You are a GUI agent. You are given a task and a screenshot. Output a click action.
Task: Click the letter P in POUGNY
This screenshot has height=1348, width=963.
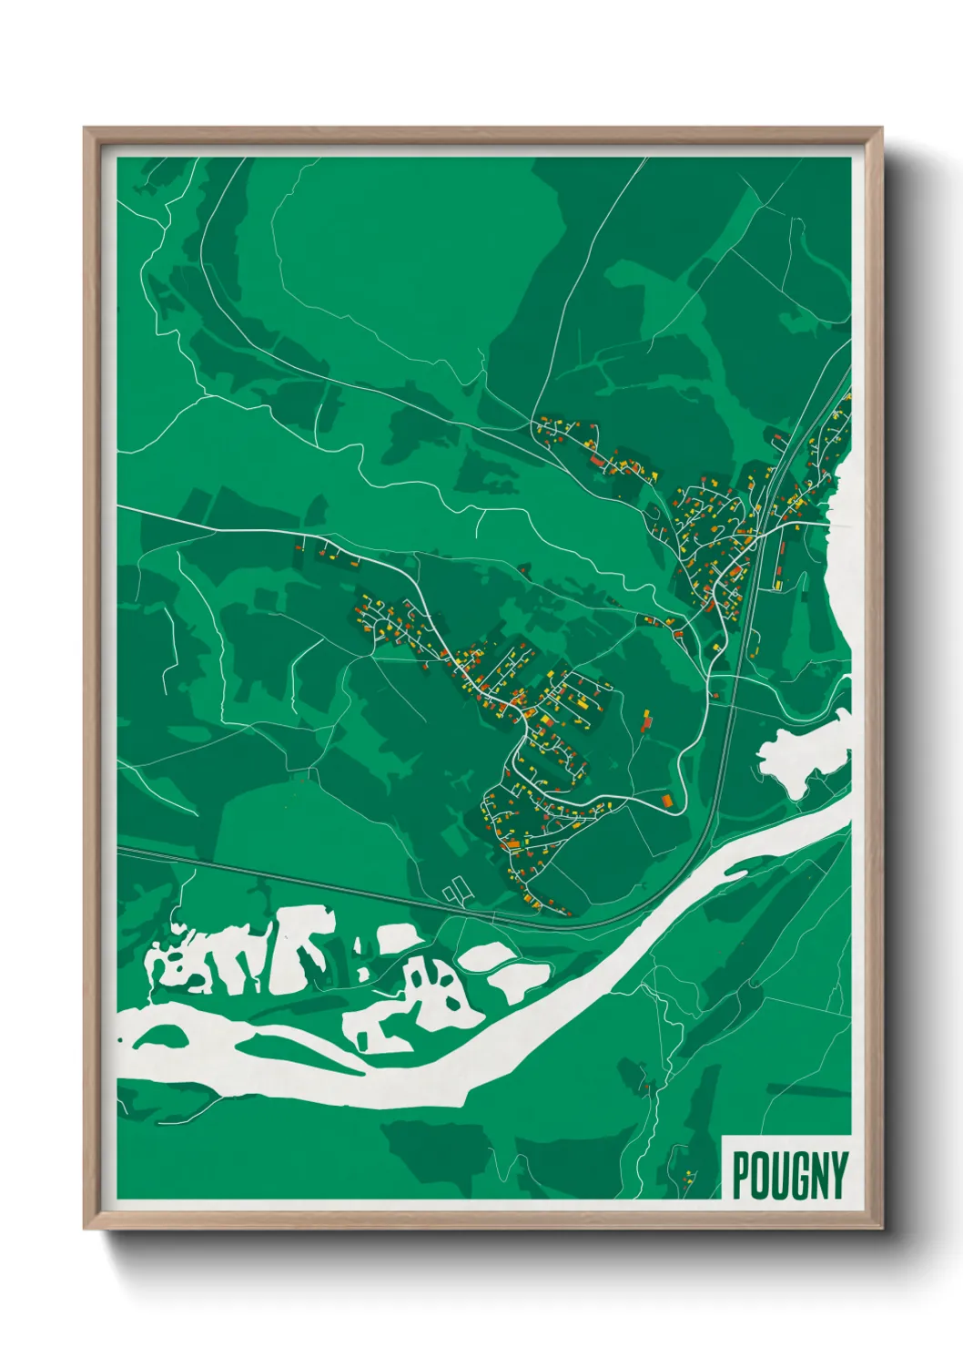[741, 1176]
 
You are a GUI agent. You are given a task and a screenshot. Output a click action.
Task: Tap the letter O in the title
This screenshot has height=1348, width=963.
[761, 1176]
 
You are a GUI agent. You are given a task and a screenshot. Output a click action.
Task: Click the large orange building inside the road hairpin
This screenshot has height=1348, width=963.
[666, 801]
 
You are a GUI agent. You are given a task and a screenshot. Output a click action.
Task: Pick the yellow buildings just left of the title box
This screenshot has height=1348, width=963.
[687, 1175]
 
